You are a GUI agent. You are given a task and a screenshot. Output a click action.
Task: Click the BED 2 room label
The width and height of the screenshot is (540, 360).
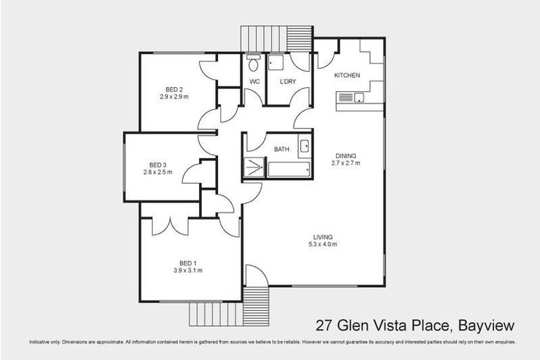tap(174, 89)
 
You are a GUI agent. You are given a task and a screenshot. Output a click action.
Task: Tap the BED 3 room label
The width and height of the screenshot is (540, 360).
tap(157, 164)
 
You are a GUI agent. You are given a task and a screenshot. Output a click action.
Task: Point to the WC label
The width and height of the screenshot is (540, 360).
tap(255, 82)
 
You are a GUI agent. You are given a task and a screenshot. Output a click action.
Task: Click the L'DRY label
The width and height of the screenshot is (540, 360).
tap(288, 82)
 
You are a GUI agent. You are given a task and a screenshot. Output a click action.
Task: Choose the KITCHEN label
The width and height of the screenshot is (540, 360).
tap(347, 75)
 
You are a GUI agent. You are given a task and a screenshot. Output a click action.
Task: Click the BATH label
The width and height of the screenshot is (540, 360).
tap(282, 149)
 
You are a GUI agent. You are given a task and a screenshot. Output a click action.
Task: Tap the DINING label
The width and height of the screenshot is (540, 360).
tap(345, 156)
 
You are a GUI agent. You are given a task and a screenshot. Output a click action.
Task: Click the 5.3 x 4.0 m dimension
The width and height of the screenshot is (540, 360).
tap(323, 245)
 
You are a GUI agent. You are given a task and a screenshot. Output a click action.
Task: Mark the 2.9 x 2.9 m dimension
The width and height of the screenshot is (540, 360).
tap(174, 97)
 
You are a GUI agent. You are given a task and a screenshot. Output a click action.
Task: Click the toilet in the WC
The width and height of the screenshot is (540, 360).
tap(254, 63)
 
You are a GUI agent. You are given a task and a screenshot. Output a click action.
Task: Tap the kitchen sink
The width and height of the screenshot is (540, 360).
tap(358, 98)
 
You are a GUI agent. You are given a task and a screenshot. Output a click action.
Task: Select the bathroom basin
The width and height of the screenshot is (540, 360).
tap(304, 146)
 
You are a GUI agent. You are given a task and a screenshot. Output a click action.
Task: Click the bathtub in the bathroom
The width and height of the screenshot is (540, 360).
tap(288, 169)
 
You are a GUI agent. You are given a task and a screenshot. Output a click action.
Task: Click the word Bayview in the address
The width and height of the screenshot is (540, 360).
tap(486, 326)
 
